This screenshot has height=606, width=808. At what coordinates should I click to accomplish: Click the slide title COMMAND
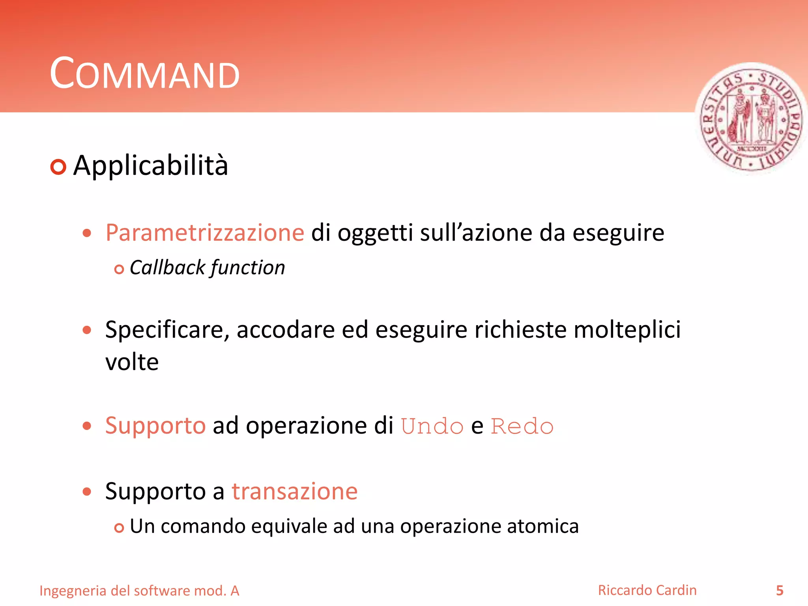pos(144,74)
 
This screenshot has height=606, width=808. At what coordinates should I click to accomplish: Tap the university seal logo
pos(751,118)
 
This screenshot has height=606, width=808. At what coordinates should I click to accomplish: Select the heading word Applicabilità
pos(150,166)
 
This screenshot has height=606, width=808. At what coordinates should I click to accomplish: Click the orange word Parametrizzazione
pos(205,233)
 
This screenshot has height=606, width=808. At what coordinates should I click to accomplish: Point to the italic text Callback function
pos(207,268)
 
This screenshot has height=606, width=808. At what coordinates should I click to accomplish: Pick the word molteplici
pos(627,329)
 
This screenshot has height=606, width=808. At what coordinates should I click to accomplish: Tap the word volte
pos(132,362)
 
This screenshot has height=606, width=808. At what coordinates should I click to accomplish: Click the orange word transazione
pos(294,492)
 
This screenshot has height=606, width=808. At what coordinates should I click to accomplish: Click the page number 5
pos(780,591)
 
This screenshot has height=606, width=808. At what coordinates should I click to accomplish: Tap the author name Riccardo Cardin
pos(647,590)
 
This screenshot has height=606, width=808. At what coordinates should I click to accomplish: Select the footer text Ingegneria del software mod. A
pos(139,591)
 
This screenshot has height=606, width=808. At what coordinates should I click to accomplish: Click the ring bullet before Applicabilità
pos(58,167)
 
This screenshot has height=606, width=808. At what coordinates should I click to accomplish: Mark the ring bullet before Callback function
pos(119,269)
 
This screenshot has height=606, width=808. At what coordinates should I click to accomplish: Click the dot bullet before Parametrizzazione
pos(87,233)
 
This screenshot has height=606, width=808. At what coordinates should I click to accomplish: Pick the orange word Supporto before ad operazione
pos(155,426)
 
